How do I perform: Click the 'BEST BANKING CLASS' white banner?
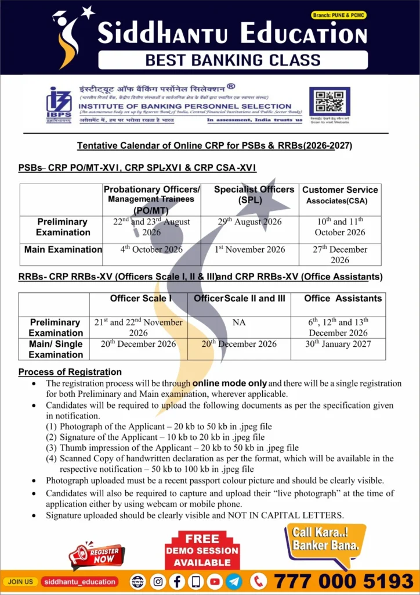pyautogui.click(x=233, y=60)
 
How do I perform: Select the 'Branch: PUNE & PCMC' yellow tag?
pyautogui.click(x=339, y=15)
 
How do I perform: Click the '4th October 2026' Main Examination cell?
pyautogui.click(x=151, y=250)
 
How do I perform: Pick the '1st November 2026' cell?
pyautogui.click(x=249, y=250)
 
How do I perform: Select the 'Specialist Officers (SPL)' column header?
pyautogui.click(x=254, y=195)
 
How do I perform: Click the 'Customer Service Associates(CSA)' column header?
pyautogui.click(x=340, y=195)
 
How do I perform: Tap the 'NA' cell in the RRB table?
pyautogui.click(x=239, y=322)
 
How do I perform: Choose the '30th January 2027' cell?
pyautogui.click(x=338, y=344)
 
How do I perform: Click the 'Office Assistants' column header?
pyautogui.click(x=343, y=299)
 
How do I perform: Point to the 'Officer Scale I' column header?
pyautogui.click(x=141, y=299)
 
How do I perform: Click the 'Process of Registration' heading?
pyautogui.click(x=70, y=372)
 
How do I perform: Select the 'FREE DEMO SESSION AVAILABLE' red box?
pyautogui.click(x=202, y=550)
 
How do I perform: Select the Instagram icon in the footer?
pyautogui.click(x=158, y=581)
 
